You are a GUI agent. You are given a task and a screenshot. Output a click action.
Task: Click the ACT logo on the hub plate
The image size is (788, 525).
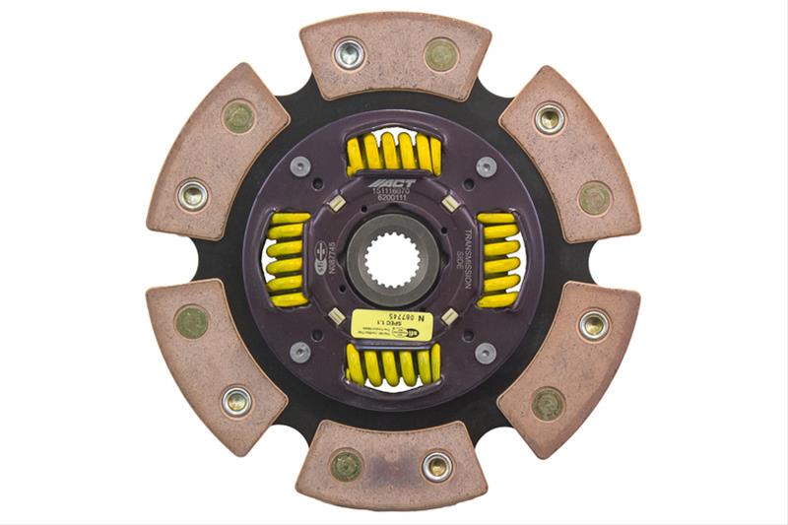click(x=393, y=183)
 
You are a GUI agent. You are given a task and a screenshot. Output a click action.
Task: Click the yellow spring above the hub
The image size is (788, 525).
click(x=394, y=153)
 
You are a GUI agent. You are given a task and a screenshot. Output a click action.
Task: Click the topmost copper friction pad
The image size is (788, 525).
click(x=395, y=54)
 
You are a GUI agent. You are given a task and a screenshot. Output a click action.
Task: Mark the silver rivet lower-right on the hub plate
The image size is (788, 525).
click(x=485, y=352)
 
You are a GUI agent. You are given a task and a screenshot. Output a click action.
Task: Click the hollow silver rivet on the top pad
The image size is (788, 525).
click(x=349, y=54)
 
